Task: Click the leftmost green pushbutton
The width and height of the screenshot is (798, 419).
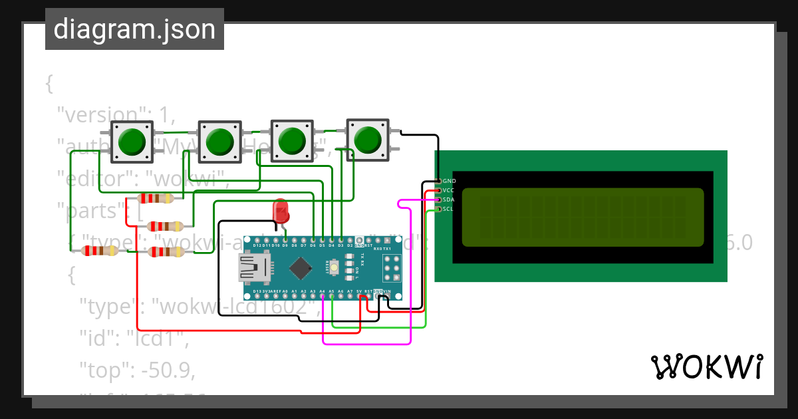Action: point(132,141)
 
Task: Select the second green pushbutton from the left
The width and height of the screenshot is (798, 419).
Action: point(219,142)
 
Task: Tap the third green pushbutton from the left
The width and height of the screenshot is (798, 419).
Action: point(291,141)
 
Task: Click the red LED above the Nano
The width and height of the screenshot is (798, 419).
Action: point(281,211)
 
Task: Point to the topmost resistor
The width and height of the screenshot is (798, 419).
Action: point(155,198)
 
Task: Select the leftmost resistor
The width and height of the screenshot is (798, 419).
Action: point(99,251)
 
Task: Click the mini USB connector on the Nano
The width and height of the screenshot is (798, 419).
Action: point(253,268)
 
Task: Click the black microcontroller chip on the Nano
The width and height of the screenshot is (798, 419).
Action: point(301,268)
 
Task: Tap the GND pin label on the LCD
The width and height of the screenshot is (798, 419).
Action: point(449,181)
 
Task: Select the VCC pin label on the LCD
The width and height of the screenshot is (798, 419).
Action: point(449,190)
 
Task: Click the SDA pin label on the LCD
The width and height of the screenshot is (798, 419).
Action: point(449,200)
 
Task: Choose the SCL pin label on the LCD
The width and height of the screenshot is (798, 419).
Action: point(449,209)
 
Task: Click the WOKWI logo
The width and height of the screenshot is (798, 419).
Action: point(706,366)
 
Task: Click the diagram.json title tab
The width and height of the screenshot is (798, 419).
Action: point(134,29)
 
